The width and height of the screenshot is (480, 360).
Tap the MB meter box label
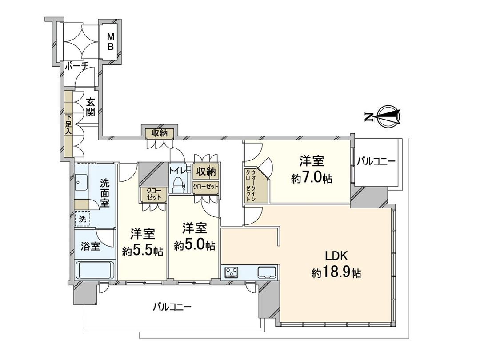click(110, 42)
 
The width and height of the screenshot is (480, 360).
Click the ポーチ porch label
click(76, 66)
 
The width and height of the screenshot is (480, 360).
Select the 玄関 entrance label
click(91, 107)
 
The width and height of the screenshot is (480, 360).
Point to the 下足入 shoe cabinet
click(68, 124)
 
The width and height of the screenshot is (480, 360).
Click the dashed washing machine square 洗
click(82, 219)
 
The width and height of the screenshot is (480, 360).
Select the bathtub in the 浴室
click(96, 269)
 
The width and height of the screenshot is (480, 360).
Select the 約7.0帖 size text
click(312, 179)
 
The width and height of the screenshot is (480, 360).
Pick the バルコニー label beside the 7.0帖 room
click(376, 162)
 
